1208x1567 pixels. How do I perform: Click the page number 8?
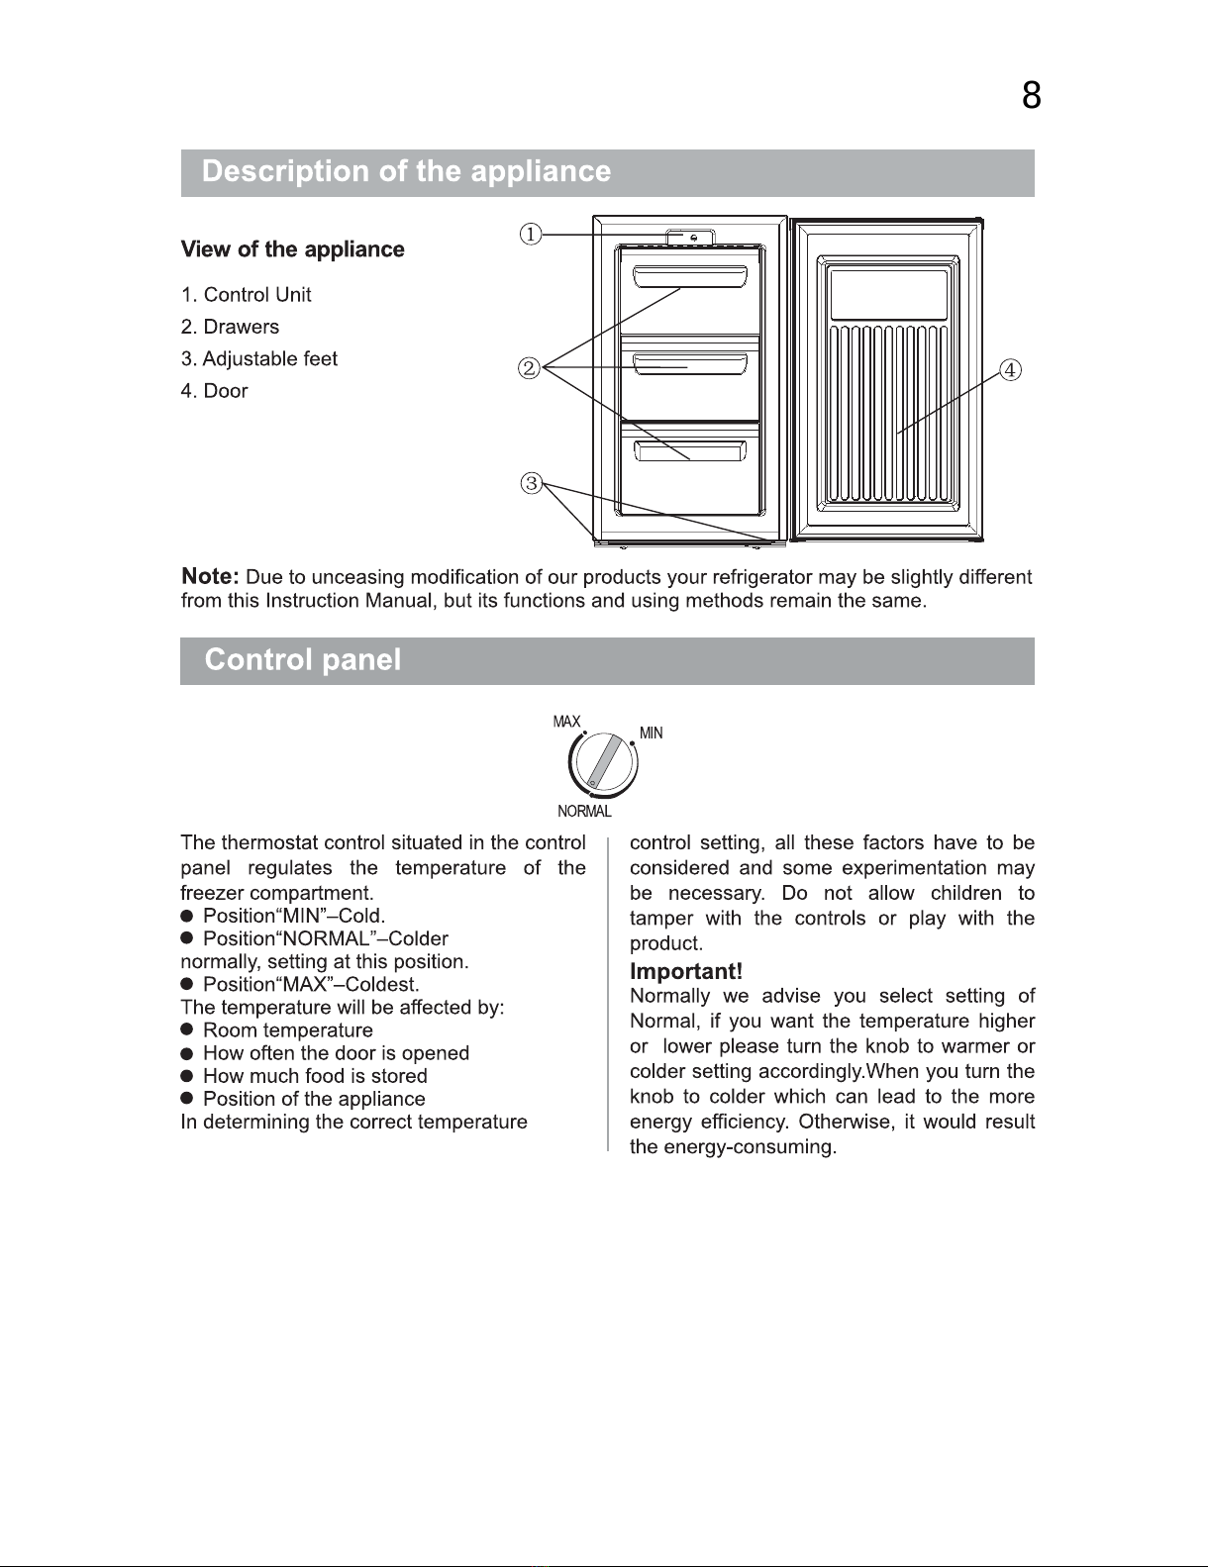click(x=1031, y=96)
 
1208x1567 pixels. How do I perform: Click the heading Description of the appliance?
click(x=406, y=172)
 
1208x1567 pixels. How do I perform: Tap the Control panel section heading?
click(x=303, y=660)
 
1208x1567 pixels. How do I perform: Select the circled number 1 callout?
click(x=532, y=235)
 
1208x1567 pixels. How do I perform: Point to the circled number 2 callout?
click(x=530, y=369)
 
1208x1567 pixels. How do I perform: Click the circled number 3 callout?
click(x=532, y=483)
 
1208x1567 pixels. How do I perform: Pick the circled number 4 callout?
click(x=1009, y=370)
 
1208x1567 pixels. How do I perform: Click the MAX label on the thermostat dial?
click(x=566, y=722)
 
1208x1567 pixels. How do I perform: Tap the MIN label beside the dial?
click(x=651, y=734)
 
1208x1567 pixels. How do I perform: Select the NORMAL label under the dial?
click(x=584, y=812)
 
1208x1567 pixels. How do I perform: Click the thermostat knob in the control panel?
click(x=603, y=764)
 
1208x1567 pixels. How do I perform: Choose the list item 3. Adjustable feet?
click(x=259, y=359)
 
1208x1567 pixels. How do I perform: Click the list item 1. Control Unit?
click(x=246, y=295)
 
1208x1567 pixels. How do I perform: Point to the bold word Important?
click(x=686, y=972)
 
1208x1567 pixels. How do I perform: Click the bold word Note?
click(x=210, y=576)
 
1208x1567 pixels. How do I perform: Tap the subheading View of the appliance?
click(x=292, y=249)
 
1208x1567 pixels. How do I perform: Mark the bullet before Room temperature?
click(x=186, y=1030)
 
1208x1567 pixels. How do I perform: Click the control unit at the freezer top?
click(x=690, y=238)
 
